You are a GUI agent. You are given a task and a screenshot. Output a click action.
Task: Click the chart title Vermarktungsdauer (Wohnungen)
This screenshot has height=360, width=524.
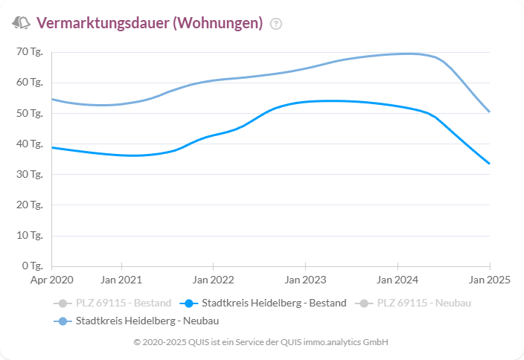coord(149,23)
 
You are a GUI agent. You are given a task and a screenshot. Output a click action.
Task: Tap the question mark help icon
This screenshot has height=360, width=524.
coord(276,24)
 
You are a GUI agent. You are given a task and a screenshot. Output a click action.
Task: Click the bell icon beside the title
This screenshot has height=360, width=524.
coord(21,23)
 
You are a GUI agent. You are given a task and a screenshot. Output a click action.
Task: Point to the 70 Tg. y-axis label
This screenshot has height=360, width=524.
coord(31,52)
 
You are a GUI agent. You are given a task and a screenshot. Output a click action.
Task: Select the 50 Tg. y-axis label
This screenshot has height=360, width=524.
coord(31,114)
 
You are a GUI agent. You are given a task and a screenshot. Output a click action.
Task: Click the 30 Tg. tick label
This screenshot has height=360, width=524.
coord(31,175)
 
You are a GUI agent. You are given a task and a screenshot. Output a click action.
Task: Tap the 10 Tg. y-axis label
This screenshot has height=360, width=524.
coord(31,236)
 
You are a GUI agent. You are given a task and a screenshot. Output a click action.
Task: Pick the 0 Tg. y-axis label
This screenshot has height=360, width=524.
coord(33,266)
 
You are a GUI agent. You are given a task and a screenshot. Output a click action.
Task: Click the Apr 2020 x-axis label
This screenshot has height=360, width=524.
coord(52,280)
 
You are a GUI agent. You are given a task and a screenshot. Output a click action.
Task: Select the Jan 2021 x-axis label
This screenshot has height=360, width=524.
coord(121,280)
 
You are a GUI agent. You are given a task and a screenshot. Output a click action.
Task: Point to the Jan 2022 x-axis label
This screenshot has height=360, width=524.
coord(214,280)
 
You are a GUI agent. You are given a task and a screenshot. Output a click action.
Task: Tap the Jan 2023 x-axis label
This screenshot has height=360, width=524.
coord(305,280)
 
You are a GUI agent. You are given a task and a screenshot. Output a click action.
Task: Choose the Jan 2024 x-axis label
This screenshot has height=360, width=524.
coord(397,280)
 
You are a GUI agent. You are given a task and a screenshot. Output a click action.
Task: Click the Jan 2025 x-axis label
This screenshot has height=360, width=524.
coord(489,280)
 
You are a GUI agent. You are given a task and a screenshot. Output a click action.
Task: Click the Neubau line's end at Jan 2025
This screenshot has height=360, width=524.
coord(489,112)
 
